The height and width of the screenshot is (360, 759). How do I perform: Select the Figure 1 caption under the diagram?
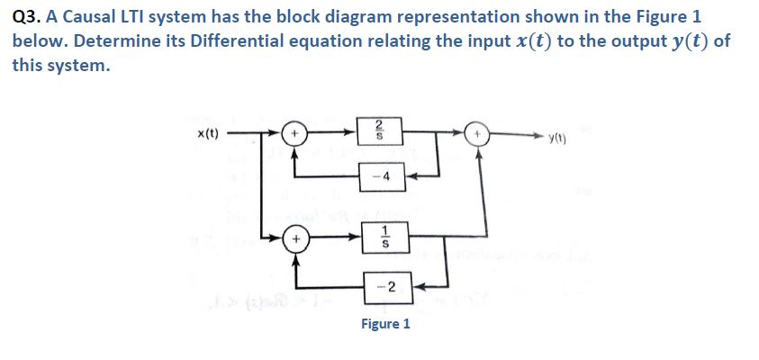click(385, 323)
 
